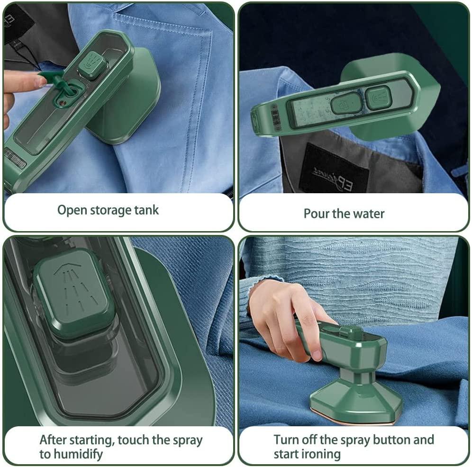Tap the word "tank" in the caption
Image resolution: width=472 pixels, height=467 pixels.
146,210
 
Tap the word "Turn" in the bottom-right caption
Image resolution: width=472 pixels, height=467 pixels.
286,440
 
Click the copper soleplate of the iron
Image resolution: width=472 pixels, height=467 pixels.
352,420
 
